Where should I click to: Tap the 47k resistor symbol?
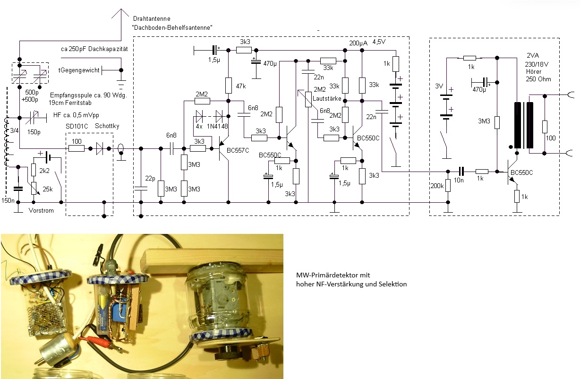[x=228, y=86]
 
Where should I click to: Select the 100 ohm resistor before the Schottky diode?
[x=77, y=148]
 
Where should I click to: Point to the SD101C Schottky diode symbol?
[x=100, y=148]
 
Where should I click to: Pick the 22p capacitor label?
[x=150, y=178]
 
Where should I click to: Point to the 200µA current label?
[x=358, y=43]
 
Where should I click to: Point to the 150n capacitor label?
[x=8, y=201]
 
